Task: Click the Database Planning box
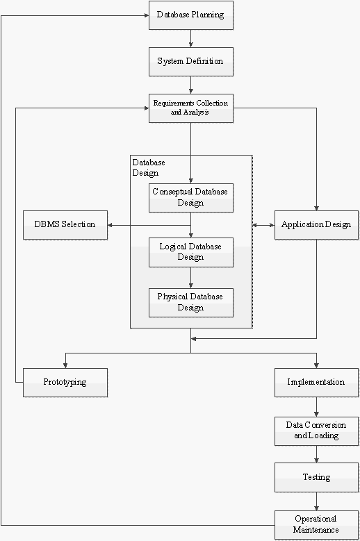tap(191, 15)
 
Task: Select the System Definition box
tap(191, 62)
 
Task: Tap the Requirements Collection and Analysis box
tap(191, 108)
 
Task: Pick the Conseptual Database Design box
tap(191, 198)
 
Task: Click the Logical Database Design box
tap(191, 252)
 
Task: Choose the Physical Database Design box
tap(191, 303)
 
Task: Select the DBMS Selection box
tap(65, 225)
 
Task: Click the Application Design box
tap(316, 225)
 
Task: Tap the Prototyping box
tap(65, 383)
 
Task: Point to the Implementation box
tap(316, 383)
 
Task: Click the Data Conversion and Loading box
tap(316, 431)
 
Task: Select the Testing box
tap(316, 478)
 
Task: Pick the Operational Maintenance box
tap(316, 525)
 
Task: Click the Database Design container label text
tap(149, 167)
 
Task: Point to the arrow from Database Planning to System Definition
tap(191, 39)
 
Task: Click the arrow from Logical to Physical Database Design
tap(191, 278)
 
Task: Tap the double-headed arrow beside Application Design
tap(263, 225)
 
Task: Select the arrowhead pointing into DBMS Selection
tap(110, 225)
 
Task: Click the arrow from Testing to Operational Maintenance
tap(316, 501)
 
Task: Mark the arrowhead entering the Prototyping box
tap(65, 366)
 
